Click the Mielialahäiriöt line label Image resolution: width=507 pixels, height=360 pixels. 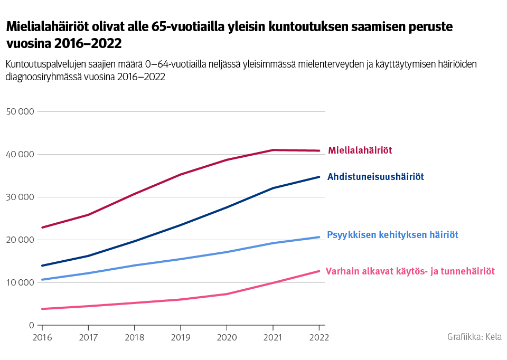click(x=360, y=150)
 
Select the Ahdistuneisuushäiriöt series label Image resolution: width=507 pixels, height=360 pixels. click(x=375, y=177)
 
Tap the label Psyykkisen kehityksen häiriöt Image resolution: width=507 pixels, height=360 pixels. click(x=392, y=235)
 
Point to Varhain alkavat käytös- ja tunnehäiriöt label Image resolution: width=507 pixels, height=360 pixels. click(x=410, y=271)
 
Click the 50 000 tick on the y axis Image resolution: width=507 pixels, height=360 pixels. click(x=20, y=112)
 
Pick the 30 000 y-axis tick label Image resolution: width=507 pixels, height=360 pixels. click(x=20, y=197)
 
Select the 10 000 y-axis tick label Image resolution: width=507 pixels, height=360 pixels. click(x=20, y=282)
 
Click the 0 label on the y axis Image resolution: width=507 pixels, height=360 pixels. click(x=32, y=325)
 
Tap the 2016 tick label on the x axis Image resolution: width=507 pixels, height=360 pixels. click(x=41, y=337)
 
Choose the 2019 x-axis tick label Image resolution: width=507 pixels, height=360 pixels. click(x=180, y=337)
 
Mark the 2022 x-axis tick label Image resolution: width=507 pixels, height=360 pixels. click(x=318, y=337)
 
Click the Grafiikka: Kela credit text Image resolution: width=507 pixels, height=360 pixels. click(x=474, y=337)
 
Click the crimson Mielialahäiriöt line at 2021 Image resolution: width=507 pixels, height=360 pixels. click(x=273, y=150)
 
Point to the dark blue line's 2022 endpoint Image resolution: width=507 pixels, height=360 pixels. click(x=319, y=177)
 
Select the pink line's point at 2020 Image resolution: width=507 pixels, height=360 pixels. click(x=227, y=294)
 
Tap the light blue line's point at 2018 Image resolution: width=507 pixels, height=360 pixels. click(x=134, y=266)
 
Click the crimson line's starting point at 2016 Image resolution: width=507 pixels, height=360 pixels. click(x=42, y=228)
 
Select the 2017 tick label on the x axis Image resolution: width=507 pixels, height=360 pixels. click(x=88, y=337)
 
